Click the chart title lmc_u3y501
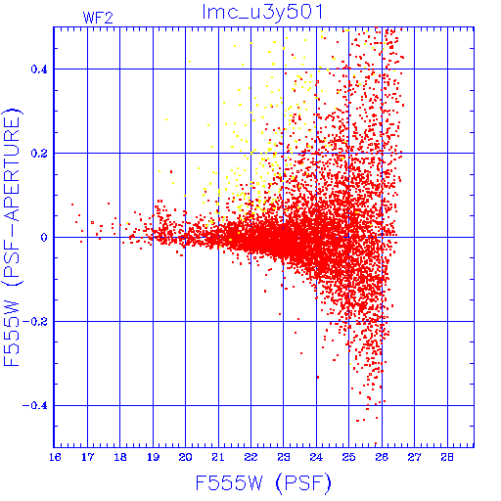tap(262, 13)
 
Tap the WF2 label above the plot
tap(98, 18)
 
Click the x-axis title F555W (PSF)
tap(263, 483)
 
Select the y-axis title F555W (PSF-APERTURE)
tap(12, 237)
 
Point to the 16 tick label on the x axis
tap(55, 457)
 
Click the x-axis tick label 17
tap(87, 457)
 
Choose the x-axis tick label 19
tap(153, 457)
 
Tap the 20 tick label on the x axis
tap(185, 457)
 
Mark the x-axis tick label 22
tap(250, 457)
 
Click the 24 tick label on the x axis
tap(316, 457)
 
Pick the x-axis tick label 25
tap(348, 457)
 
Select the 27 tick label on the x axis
tap(414, 457)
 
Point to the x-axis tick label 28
tap(447, 457)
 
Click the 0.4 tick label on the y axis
tap(39, 69)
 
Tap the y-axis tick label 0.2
tap(39, 154)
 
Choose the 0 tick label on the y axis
tap(44, 238)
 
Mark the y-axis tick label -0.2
tap(35, 322)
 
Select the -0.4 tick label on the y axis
tap(35, 406)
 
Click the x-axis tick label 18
tap(120, 457)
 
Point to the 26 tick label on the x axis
tap(382, 457)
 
